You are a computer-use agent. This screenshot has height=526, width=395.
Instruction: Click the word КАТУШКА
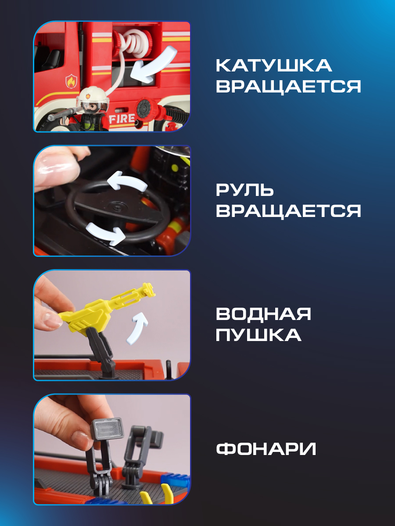click(x=273, y=65)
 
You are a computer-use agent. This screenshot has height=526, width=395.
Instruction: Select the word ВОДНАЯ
click(x=263, y=314)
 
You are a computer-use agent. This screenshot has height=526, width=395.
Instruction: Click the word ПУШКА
click(x=259, y=335)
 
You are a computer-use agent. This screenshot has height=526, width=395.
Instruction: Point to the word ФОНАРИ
click(x=266, y=449)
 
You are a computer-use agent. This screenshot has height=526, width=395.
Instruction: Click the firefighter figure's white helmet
click(x=93, y=93)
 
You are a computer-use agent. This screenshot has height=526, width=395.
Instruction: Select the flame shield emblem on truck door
click(x=71, y=81)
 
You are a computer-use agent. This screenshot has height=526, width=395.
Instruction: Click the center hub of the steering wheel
click(x=115, y=206)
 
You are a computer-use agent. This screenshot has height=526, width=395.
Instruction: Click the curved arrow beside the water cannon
click(x=139, y=327)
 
